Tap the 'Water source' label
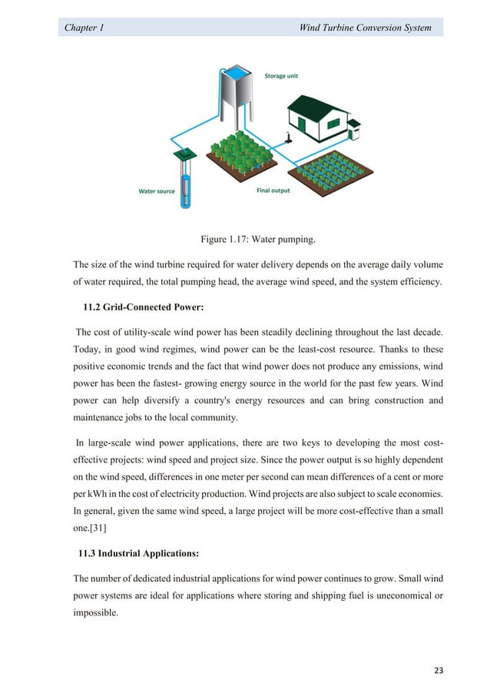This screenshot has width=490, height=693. click(156, 191)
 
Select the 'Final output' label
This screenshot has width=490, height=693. click(273, 190)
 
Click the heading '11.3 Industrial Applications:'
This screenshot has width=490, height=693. click(141, 552)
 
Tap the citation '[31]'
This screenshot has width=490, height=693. click(98, 526)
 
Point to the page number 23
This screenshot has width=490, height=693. click(439, 669)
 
